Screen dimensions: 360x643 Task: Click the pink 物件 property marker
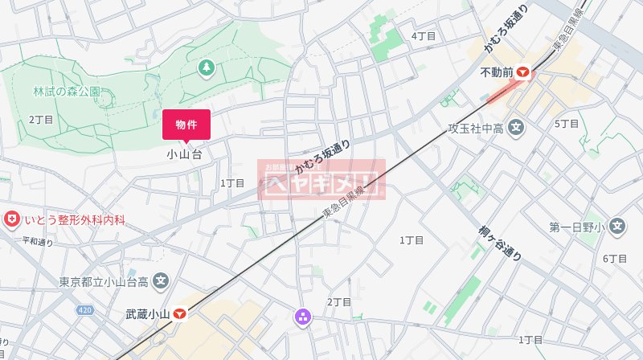click(186, 125)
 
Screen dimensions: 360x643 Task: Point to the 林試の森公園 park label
click(67, 92)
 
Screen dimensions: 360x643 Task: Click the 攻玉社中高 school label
click(476, 128)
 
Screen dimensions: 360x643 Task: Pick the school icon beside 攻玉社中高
click(517, 128)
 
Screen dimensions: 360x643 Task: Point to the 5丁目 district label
click(567, 124)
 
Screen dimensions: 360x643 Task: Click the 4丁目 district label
click(423, 36)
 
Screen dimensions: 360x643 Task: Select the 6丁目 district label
click(614, 259)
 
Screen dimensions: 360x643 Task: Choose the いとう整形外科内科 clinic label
click(75, 219)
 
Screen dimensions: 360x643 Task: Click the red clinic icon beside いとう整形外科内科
click(11, 219)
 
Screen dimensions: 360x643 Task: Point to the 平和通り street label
click(37, 241)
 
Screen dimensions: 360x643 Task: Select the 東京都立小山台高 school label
click(104, 282)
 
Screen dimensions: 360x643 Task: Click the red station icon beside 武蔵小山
click(181, 314)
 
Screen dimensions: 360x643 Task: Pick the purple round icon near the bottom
click(304, 317)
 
